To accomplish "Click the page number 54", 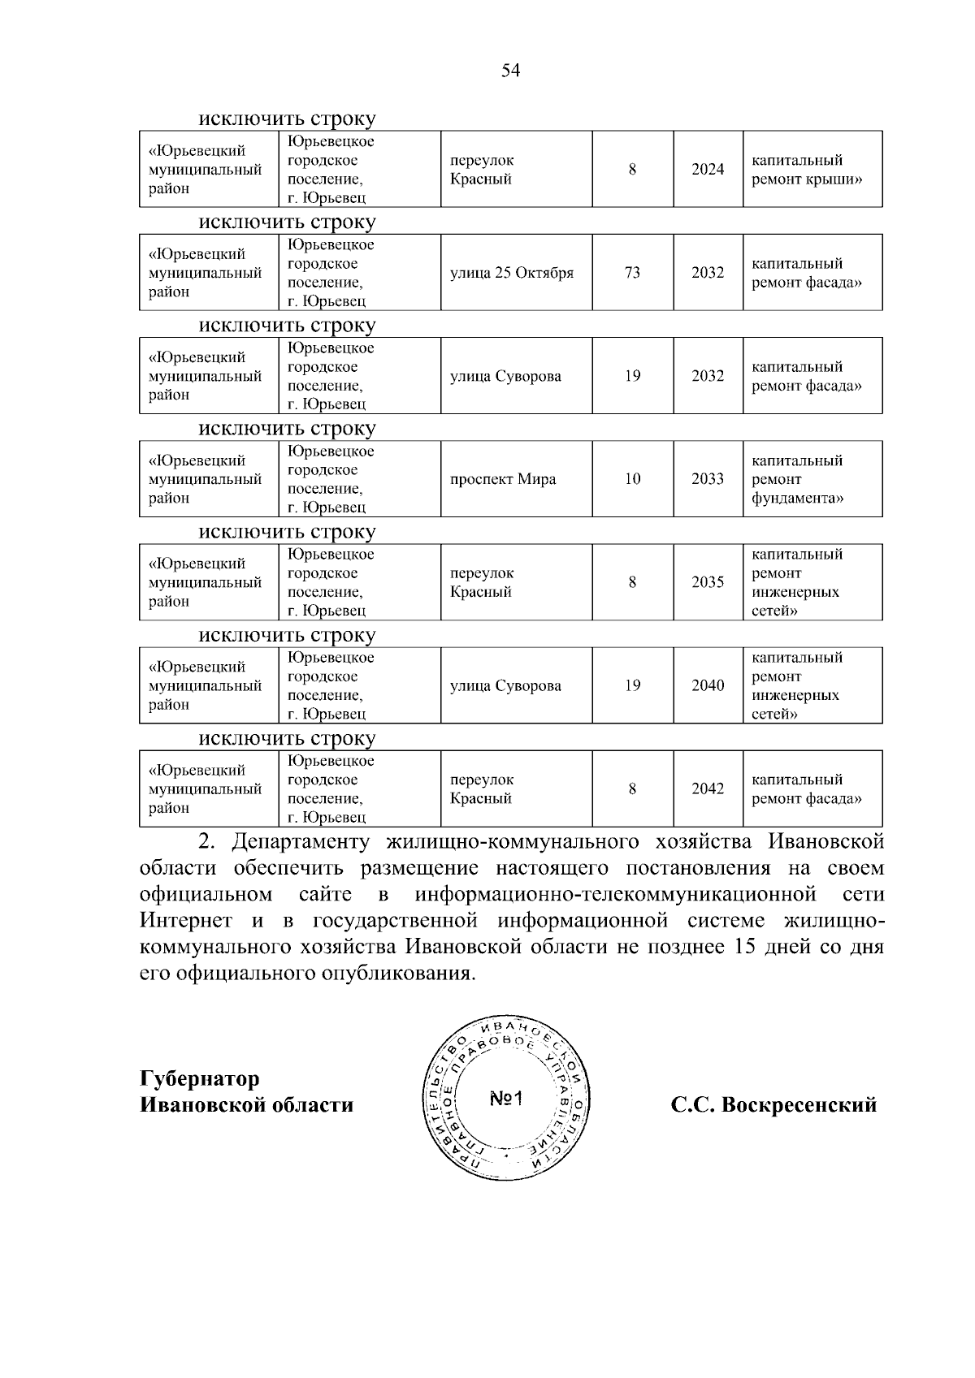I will (x=510, y=71).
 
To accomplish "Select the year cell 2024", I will (x=708, y=170).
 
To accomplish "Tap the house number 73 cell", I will (x=632, y=273).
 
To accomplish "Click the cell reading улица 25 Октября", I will (x=512, y=273).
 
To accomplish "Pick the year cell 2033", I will (x=708, y=479).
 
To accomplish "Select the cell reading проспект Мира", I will (x=503, y=479).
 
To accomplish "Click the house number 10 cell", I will (x=632, y=479).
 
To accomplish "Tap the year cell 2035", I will (x=708, y=582).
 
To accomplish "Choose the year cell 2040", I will (x=708, y=685).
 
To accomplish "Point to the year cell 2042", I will (x=708, y=788).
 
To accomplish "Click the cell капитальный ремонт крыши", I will (x=805, y=170).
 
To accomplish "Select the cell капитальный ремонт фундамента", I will (x=797, y=479).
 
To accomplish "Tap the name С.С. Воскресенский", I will (x=773, y=1105).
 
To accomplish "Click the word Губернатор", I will (x=200, y=1079).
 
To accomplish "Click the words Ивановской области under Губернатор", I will (x=247, y=1105).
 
